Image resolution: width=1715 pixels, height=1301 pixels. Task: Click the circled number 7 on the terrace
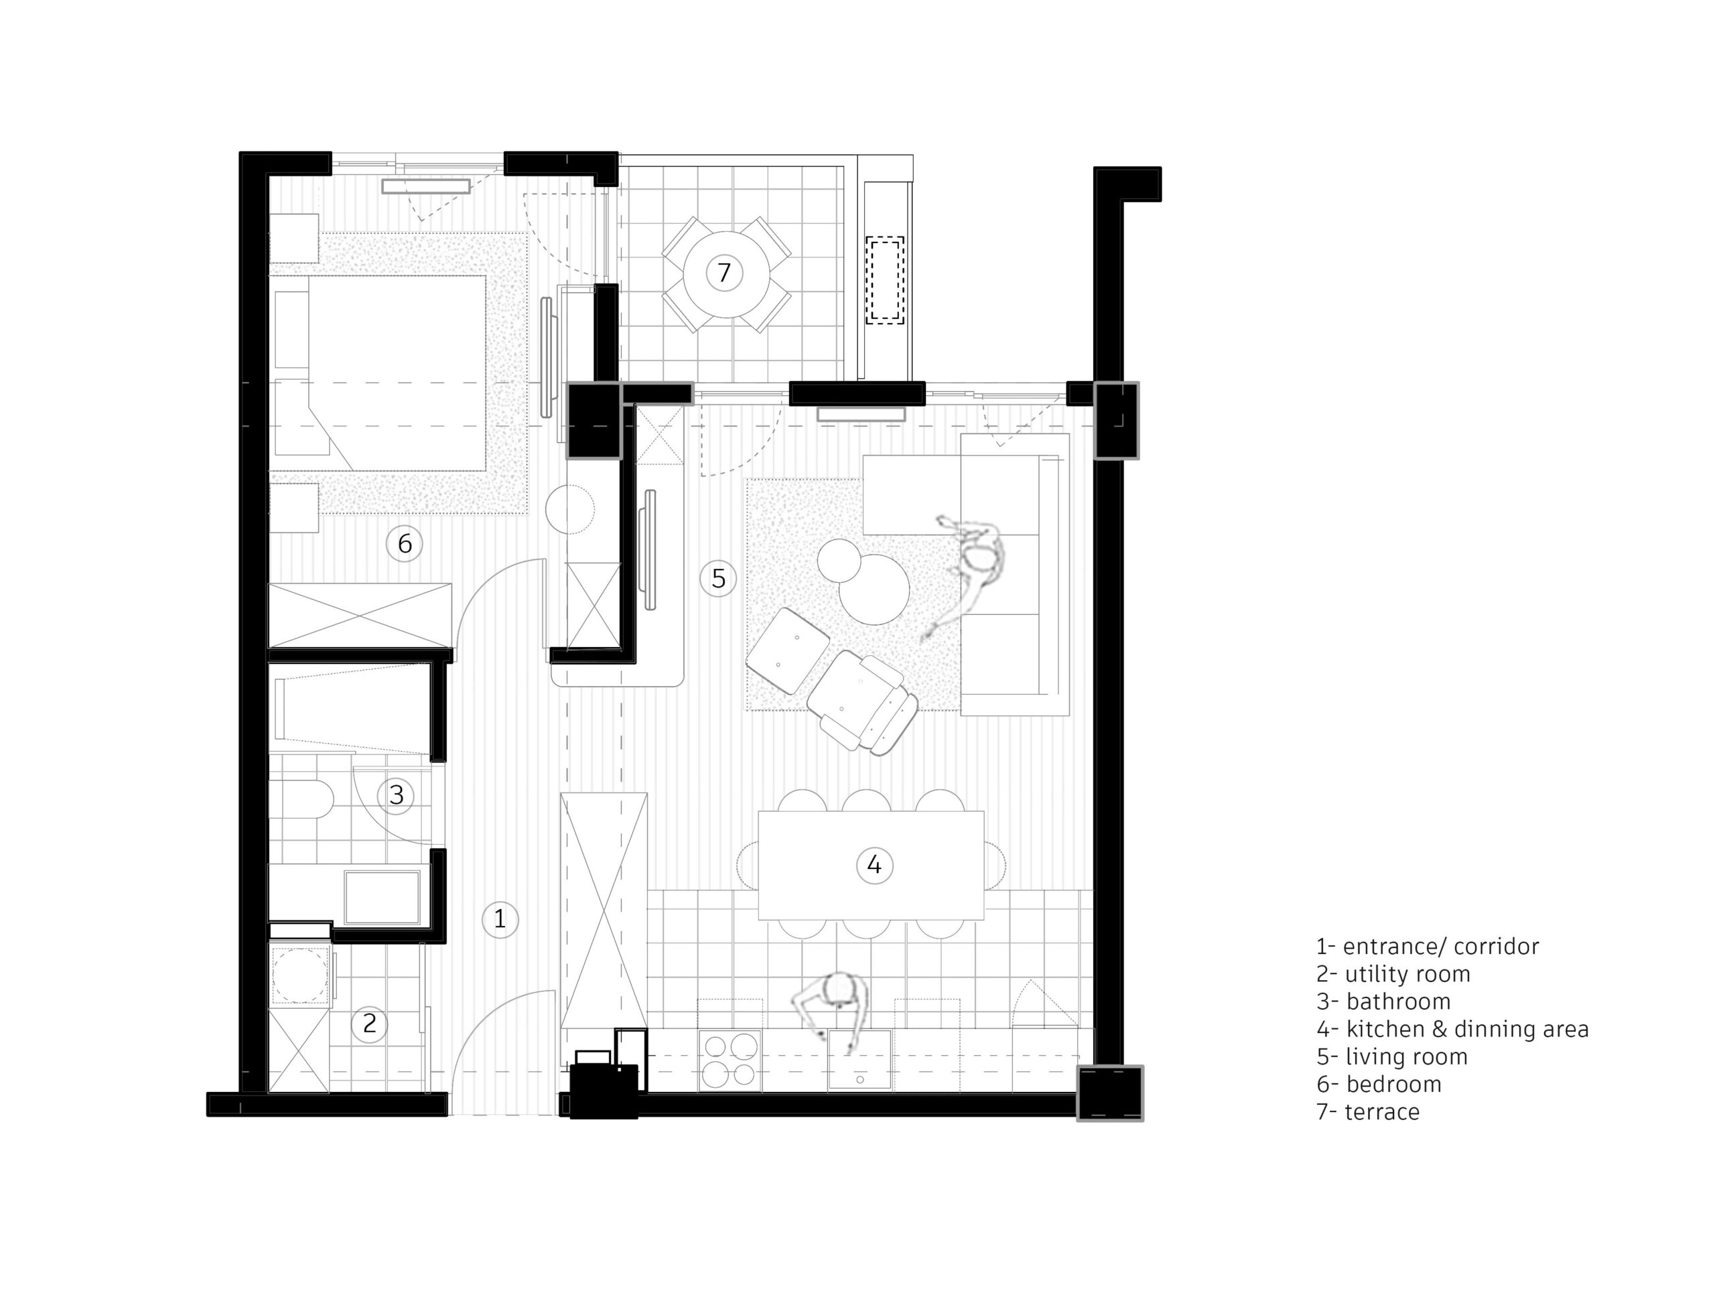[x=724, y=273]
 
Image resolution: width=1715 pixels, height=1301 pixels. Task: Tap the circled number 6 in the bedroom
[x=404, y=543]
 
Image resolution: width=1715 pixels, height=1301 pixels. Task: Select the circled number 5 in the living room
[x=718, y=578]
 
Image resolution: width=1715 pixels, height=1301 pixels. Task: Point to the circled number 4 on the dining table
[x=874, y=864]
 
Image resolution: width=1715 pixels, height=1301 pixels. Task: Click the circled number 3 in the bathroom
[x=396, y=795]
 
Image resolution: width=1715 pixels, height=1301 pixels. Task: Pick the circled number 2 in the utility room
[x=369, y=1024]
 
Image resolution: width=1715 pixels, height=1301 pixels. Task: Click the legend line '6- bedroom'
[x=1379, y=1084]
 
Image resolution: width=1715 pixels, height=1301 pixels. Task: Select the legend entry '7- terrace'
[x=1368, y=1112]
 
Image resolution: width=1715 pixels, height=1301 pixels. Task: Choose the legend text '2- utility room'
[x=1393, y=974]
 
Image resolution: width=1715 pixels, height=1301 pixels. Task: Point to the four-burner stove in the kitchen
[x=730, y=1060]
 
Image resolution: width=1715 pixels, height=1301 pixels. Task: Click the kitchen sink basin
[x=859, y=1060]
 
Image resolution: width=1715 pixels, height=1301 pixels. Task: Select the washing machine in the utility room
[x=299, y=975]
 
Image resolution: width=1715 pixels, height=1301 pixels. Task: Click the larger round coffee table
[x=874, y=590]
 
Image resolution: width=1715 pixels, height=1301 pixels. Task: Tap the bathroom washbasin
[x=383, y=897]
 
